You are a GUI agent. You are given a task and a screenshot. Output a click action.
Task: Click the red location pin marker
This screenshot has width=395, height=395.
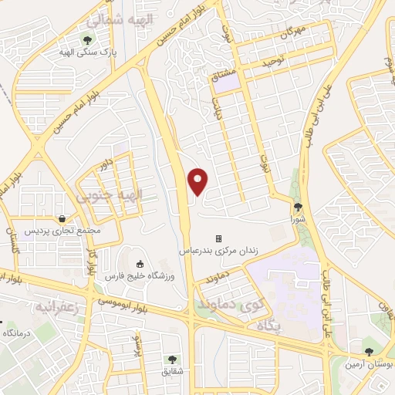click(x=199, y=181)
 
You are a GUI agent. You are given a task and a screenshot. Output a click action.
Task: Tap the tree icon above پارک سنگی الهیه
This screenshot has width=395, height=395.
click(x=88, y=40)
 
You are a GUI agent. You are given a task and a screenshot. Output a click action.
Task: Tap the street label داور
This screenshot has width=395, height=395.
click(x=106, y=161)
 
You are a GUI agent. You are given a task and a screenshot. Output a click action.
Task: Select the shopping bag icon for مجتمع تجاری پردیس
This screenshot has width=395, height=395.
click(x=62, y=217)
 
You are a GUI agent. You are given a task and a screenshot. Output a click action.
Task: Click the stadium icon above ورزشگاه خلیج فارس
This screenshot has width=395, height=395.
click(x=140, y=265)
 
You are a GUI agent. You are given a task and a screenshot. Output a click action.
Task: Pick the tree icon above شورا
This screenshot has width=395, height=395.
click(x=299, y=207)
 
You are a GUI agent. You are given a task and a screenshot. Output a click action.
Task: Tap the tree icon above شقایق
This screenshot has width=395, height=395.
click(x=172, y=359)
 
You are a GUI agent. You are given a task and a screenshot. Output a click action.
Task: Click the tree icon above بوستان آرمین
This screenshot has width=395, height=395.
click(x=369, y=353)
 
